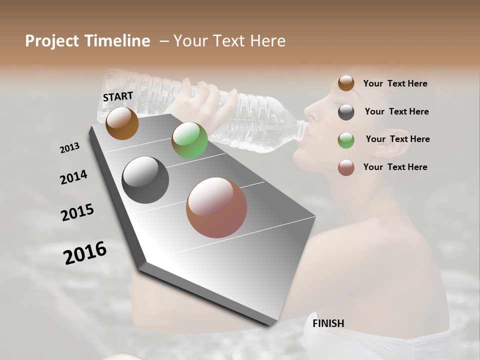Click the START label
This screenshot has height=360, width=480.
pyautogui.click(x=118, y=96)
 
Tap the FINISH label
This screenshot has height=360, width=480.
pyautogui.click(x=328, y=323)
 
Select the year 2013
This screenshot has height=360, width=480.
pyautogui.click(x=69, y=148)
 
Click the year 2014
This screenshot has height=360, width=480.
pyautogui.click(x=73, y=177)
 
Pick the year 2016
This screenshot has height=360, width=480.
pyautogui.click(x=85, y=253)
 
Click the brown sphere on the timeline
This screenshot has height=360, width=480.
pyautogui.click(x=122, y=123)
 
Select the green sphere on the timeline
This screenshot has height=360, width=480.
pyautogui.click(x=189, y=140)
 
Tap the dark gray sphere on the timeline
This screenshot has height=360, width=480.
pyautogui.click(x=145, y=179)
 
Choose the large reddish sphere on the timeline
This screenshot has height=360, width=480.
pyautogui.click(x=216, y=207)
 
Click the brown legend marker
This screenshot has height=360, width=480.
pyautogui.click(x=346, y=83)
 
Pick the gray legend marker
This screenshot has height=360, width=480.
pyautogui.click(x=346, y=111)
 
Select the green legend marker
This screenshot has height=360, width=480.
pyautogui.click(x=346, y=139)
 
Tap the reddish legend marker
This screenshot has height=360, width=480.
pyautogui.click(x=346, y=167)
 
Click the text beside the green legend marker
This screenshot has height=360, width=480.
pyautogui.click(x=397, y=139)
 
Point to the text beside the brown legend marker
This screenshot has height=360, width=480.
pyautogui.click(x=395, y=83)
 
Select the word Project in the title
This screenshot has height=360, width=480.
pyautogui.click(x=52, y=41)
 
